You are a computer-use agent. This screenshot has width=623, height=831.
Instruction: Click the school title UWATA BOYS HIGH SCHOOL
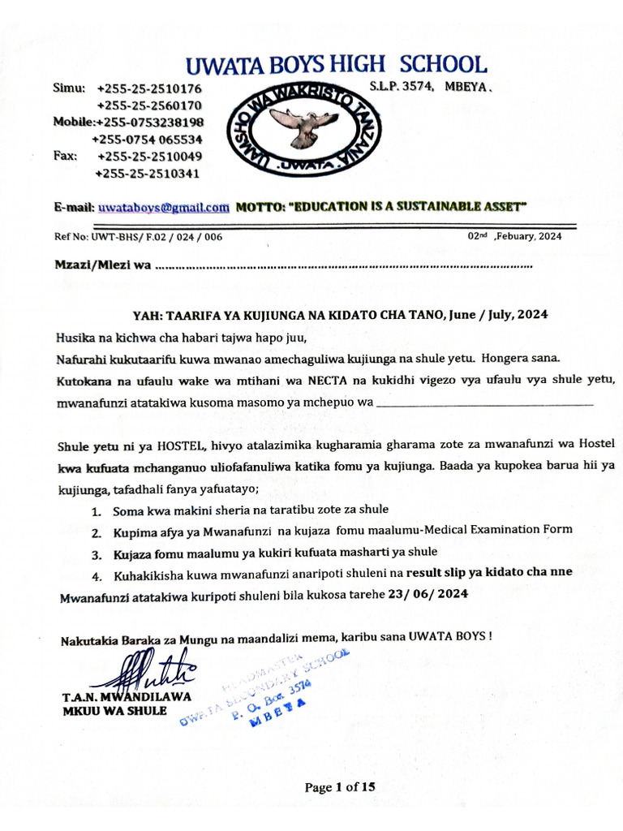point(335,65)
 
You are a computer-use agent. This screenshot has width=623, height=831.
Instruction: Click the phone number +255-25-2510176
point(149,88)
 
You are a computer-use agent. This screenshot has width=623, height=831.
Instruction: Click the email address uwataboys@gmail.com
point(163,208)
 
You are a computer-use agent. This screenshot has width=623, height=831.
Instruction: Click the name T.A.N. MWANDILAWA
point(126,697)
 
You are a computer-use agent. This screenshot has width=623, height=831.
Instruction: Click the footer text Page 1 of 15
point(340,786)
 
